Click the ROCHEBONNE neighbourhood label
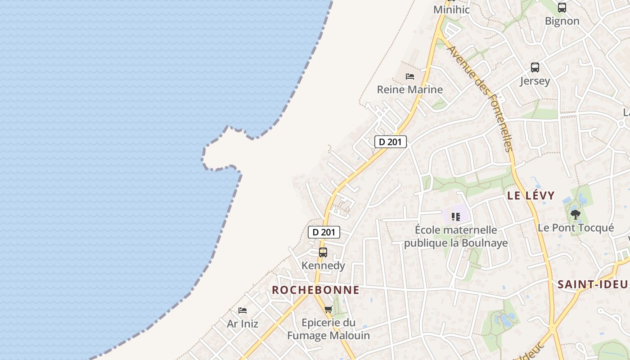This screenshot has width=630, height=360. click(x=315, y=290)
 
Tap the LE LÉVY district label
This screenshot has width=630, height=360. click(x=531, y=196)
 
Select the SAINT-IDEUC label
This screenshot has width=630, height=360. click(x=593, y=284)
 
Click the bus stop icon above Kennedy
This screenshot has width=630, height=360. click(x=323, y=252)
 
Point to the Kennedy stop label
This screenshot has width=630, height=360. click(x=323, y=265)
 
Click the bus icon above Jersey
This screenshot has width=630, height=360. click(x=535, y=67)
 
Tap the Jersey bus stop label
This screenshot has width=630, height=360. click(x=535, y=81)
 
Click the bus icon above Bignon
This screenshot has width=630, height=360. click(x=562, y=8)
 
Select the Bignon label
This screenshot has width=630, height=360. click(x=562, y=21)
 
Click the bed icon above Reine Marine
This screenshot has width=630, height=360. click(x=410, y=76)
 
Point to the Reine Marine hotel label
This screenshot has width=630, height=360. click(x=410, y=90)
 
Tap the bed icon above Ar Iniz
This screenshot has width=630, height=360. click(x=243, y=310)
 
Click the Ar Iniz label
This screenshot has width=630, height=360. click(x=243, y=324)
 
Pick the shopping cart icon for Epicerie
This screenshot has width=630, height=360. click(x=328, y=309)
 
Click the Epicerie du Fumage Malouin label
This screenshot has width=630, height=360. click(x=328, y=329)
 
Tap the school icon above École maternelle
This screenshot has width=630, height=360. click(x=456, y=217)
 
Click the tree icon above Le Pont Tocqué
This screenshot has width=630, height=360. click(x=576, y=214)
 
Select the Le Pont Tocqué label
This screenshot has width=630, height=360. click(x=576, y=228)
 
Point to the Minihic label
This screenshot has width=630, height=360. click(x=451, y=9)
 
